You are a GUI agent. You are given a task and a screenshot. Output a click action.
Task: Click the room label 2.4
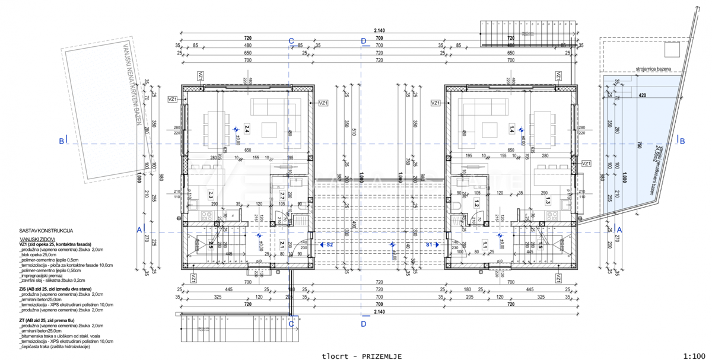[x=247, y=129]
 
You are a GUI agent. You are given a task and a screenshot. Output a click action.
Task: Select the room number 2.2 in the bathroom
[x=282, y=195]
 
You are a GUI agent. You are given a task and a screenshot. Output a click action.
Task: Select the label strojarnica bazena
[x=653, y=69]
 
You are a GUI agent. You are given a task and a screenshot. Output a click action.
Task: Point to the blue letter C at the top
[x=291, y=41]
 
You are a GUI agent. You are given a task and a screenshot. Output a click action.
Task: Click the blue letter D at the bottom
[x=364, y=324]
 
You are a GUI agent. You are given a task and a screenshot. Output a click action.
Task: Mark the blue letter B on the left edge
[x=61, y=141]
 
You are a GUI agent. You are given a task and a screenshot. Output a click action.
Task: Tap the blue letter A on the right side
[x=619, y=230]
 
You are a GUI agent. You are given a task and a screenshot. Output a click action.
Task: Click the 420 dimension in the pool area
[x=642, y=94]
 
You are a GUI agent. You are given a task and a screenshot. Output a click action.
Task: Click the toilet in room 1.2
[x=460, y=207]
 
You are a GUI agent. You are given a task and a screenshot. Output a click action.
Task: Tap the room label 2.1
[x=282, y=244]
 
